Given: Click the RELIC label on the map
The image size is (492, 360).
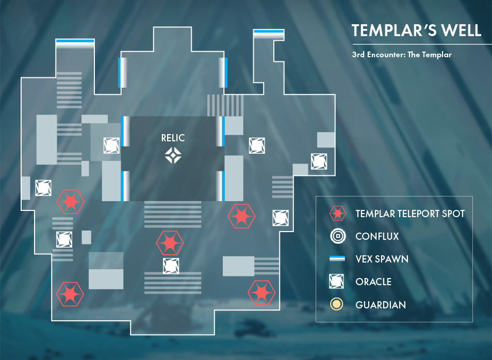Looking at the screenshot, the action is pyautogui.click(x=173, y=138).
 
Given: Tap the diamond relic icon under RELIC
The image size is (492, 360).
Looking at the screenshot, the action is pyautogui.click(x=173, y=155).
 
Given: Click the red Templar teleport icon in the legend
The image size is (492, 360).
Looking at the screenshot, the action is pyautogui.click(x=338, y=214).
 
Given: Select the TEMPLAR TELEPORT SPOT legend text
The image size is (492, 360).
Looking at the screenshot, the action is pyautogui.click(x=410, y=214).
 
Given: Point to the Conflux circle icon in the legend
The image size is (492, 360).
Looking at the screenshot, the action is pyautogui.click(x=338, y=236).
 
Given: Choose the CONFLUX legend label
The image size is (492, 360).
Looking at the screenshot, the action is pyautogui.click(x=377, y=236).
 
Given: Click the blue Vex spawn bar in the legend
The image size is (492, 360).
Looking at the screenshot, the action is pyautogui.click(x=337, y=258).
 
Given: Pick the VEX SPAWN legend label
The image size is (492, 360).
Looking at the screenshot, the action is pyautogui.click(x=382, y=259).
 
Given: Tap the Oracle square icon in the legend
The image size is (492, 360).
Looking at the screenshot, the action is pyautogui.click(x=336, y=281).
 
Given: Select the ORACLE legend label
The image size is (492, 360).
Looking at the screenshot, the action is pyautogui.click(x=373, y=282).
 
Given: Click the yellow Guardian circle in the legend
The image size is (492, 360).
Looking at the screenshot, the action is pyautogui.click(x=336, y=304).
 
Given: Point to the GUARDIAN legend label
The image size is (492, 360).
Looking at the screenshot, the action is pyautogui.click(x=381, y=305).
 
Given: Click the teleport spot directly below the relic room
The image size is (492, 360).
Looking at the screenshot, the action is pyautogui.click(x=170, y=242).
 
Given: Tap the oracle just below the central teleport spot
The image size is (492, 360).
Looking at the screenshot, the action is pyautogui.click(x=171, y=266).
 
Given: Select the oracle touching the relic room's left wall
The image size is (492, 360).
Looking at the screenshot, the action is pyautogui.click(x=111, y=145).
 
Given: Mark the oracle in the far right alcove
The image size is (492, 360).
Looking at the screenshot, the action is pyautogui.click(x=319, y=161).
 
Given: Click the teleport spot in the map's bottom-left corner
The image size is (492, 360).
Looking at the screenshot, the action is pyautogui.click(x=70, y=294).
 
